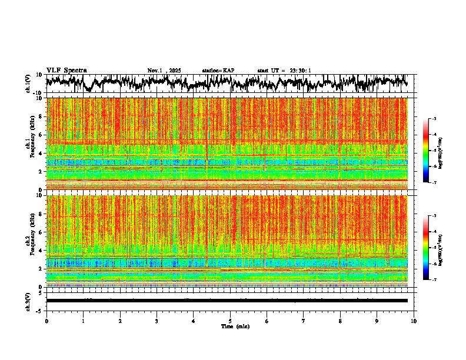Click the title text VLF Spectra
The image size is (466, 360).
[x=66, y=70]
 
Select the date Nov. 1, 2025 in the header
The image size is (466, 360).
[x=164, y=71]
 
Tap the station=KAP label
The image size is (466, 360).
[x=218, y=71]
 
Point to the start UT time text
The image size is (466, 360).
[x=284, y=71]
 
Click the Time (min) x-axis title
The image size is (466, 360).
[x=235, y=326]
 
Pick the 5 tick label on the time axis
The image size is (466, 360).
[x=230, y=321]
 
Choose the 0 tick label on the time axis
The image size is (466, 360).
[x=46, y=321]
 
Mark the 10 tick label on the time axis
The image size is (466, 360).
[x=414, y=321]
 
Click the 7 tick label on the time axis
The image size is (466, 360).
[x=304, y=321]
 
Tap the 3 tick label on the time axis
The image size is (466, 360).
[x=157, y=321]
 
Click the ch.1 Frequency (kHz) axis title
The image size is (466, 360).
[x=31, y=144]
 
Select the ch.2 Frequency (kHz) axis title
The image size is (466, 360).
[x=31, y=241]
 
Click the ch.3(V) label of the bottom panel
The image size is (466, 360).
[x=28, y=300]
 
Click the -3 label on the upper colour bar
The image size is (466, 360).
[x=434, y=119]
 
